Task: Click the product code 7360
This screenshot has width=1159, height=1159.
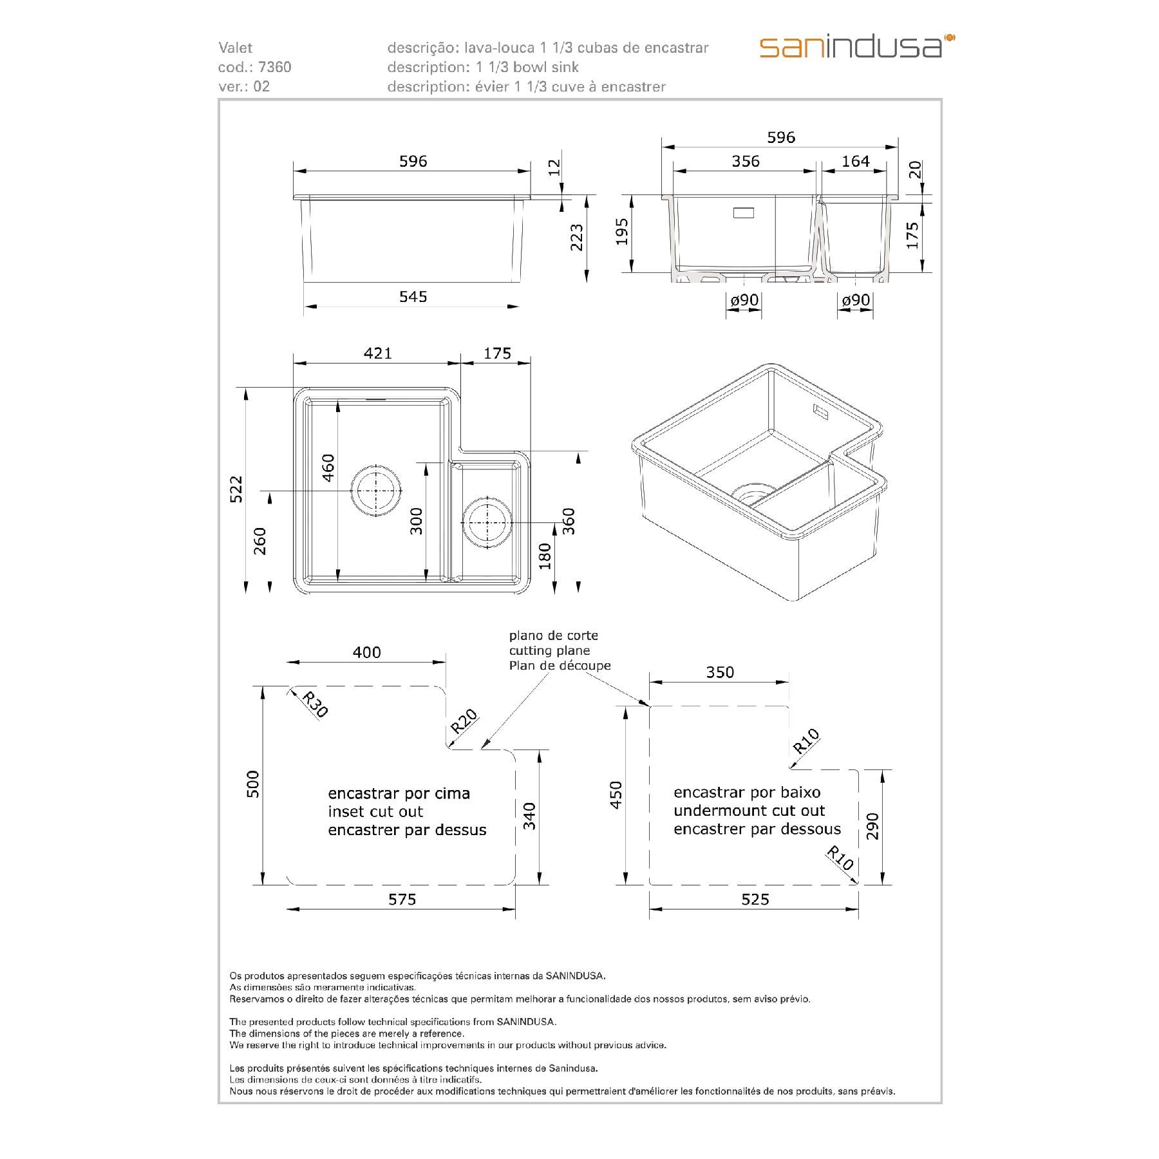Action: coord(275,67)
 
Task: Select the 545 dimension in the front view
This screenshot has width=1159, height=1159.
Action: coord(413,296)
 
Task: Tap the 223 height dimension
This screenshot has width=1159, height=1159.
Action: coord(576,238)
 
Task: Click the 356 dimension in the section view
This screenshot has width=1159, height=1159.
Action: coord(745,161)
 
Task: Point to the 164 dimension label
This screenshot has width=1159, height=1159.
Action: coord(855,161)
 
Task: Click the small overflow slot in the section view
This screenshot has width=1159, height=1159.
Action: coord(744,212)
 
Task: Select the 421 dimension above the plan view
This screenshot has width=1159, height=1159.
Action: coord(377,353)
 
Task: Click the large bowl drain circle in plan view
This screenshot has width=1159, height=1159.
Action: coord(375,490)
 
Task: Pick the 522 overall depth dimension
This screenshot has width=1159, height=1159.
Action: coord(236,489)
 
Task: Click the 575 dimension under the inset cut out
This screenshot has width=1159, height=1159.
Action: coord(402,900)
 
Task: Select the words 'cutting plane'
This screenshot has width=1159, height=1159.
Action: coord(549,650)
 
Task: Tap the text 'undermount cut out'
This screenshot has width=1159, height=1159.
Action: coord(749,811)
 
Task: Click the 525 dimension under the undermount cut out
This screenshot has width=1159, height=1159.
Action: coord(755,900)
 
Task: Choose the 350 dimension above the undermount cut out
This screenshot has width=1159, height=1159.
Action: coord(719,672)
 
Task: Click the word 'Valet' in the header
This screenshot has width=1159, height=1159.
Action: coord(236,48)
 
